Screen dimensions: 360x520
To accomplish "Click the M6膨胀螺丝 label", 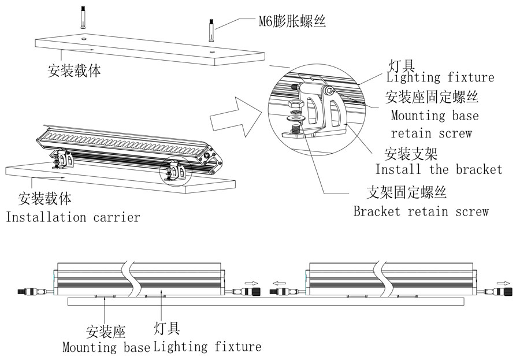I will pyautogui.click(x=292, y=23).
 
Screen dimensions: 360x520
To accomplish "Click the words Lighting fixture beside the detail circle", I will pyautogui.click(x=440, y=77).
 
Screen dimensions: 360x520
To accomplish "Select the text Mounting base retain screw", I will pyautogui.click(x=434, y=124).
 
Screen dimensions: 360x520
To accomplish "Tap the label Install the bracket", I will pyautogui.click(x=439, y=170).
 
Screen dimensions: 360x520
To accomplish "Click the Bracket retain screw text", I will pyautogui.click(x=421, y=211).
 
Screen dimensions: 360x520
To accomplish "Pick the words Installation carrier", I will pyautogui.click(x=72, y=217).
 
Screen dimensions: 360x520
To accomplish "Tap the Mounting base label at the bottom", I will pyautogui.click(x=106, y=348).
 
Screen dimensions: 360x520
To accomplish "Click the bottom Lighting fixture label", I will pyautogui.click(x=207, y=347).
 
